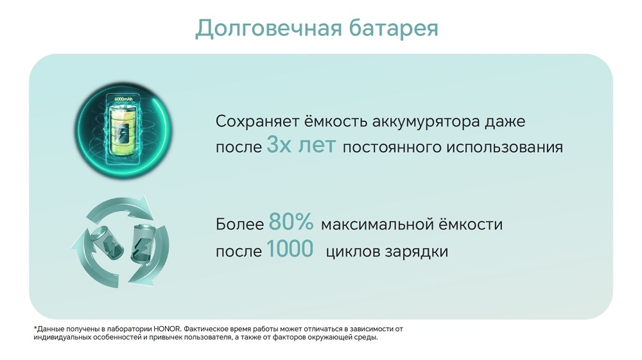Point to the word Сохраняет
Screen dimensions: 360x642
click(x=253, y=121)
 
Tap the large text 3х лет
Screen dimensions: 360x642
click(x=301, y=146)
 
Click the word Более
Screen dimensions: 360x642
click(x=239, y=225)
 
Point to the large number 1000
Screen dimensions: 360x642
click(x=290, y=249)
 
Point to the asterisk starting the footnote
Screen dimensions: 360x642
click(x=35, y=329)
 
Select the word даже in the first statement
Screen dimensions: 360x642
click(x=516, y=121)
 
